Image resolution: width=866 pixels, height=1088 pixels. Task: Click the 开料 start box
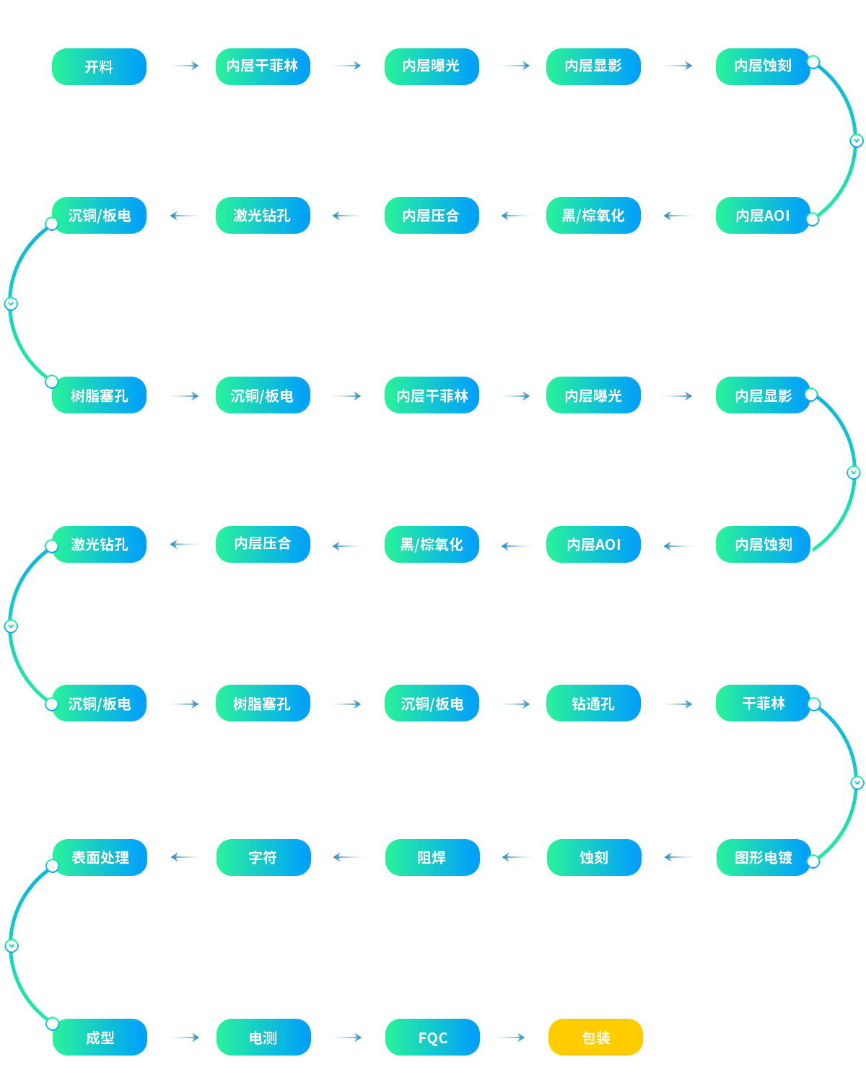point(99,66)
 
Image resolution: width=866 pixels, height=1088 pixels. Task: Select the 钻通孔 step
point(593,703)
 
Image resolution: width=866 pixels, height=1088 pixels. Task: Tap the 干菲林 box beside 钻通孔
point(763,703)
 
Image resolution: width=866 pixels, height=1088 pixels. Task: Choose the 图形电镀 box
point(764,858)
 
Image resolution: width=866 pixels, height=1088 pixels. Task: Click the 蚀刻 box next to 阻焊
point(594,858)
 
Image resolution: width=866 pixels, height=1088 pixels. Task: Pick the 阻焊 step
point(432,858)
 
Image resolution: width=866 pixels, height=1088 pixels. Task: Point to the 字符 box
point(263,858)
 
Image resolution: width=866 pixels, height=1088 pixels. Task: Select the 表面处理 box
point(100,858)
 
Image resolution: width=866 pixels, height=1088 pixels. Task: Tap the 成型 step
point(100,1037)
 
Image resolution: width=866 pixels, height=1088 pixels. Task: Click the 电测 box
point(263,1037)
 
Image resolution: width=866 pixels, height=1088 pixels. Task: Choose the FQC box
point(432,1037)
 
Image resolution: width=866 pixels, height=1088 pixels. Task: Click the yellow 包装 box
point(595,1037)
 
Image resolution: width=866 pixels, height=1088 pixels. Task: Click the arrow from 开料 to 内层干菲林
point(182,66)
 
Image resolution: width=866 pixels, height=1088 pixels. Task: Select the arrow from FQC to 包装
point(509,1037)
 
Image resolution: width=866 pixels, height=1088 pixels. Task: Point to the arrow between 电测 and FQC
point(345,1037)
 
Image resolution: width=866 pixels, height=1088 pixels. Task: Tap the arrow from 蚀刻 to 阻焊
point(517,857)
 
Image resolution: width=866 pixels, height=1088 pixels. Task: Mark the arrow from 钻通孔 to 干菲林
point(677,704)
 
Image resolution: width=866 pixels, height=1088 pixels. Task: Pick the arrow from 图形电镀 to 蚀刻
point(680,857)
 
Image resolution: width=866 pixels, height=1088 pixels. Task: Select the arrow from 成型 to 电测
point(183,1037)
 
